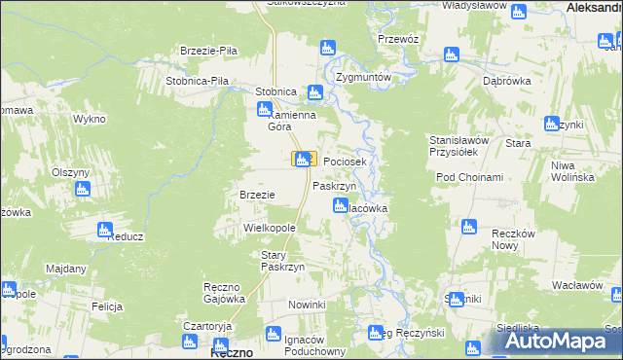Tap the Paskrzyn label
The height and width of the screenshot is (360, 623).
point(334,185)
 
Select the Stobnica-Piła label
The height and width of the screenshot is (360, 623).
point(197,81)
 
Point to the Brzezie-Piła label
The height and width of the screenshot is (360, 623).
point(209,51)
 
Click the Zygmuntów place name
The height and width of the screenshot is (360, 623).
point(363,77)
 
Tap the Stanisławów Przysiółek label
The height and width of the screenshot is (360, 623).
point(459,145)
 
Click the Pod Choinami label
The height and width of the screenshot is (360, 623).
point(469,177)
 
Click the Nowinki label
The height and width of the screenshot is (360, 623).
point(306,305)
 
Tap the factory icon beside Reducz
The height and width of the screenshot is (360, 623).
point(104,230)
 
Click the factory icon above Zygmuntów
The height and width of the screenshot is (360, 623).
point(328,47)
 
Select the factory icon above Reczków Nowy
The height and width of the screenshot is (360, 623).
point(469,228)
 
